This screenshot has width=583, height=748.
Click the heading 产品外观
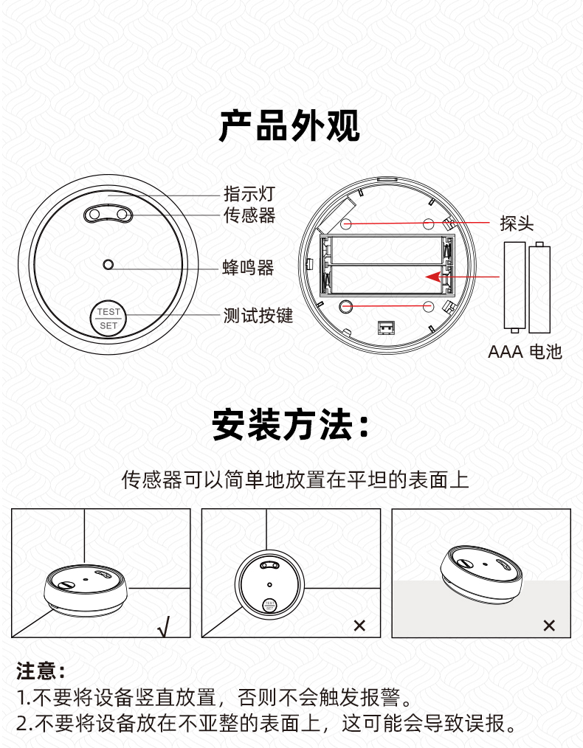pos(289,125)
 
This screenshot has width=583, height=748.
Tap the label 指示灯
pos(249,194)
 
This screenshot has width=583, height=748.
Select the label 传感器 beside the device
pos(249,215)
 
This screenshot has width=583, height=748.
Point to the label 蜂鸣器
pos(248,268)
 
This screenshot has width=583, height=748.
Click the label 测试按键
pos(258,315)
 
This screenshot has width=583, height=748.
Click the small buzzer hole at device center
pos(108,264)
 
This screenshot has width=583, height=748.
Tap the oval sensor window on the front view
pos(108,214)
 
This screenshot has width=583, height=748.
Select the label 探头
pos(517,224)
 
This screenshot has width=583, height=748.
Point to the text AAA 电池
pos(525,352)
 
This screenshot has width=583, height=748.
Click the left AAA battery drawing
pos(515,287)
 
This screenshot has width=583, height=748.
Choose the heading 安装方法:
pos(291,425)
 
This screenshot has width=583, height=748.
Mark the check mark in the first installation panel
pos(164,626)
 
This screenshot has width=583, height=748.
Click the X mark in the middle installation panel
pos(359,626)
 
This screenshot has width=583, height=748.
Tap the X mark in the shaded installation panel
pos(549,626)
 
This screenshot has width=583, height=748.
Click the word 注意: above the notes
pos(41,671)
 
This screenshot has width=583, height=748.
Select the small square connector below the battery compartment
pos(386,328)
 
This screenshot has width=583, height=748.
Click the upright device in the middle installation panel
pos(269,585)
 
